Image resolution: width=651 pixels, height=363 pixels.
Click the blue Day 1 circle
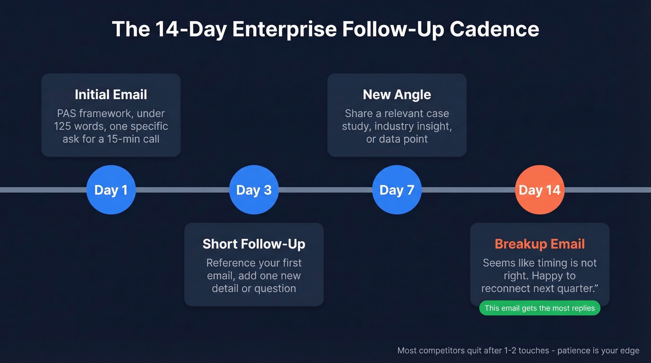[x=111, y=190]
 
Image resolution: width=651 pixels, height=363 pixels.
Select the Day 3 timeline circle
[x=254, y=190]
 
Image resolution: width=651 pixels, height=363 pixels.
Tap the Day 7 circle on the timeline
[x=397, y=190]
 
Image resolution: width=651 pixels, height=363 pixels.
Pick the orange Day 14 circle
[x=539, y=190]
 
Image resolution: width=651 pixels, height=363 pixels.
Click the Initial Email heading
[x=111, y=94]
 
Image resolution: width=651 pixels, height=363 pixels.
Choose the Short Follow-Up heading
[x=254, y=244]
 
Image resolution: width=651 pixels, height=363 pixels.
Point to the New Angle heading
[x=397, y=94]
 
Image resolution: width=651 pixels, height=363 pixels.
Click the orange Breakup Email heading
[x=539, y=244]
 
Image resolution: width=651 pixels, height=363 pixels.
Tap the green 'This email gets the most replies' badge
[x=539, y=308]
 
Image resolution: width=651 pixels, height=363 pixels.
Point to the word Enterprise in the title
[x=284, y=29]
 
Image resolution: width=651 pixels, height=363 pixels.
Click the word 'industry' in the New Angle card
[x=395, y=126]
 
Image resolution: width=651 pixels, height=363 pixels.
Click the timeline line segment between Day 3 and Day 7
[x=325, y=190]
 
